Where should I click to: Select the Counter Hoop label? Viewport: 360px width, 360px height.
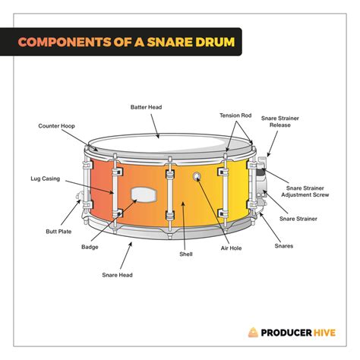coord(55,125)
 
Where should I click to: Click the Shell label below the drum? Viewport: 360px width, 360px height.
coord(187,254)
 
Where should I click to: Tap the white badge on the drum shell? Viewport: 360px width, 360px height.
coord(144,194)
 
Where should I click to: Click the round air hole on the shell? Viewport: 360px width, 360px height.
coord(197,178)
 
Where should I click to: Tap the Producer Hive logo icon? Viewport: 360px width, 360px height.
coord(254,332)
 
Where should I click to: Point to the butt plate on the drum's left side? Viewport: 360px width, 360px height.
coord(79,201)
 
